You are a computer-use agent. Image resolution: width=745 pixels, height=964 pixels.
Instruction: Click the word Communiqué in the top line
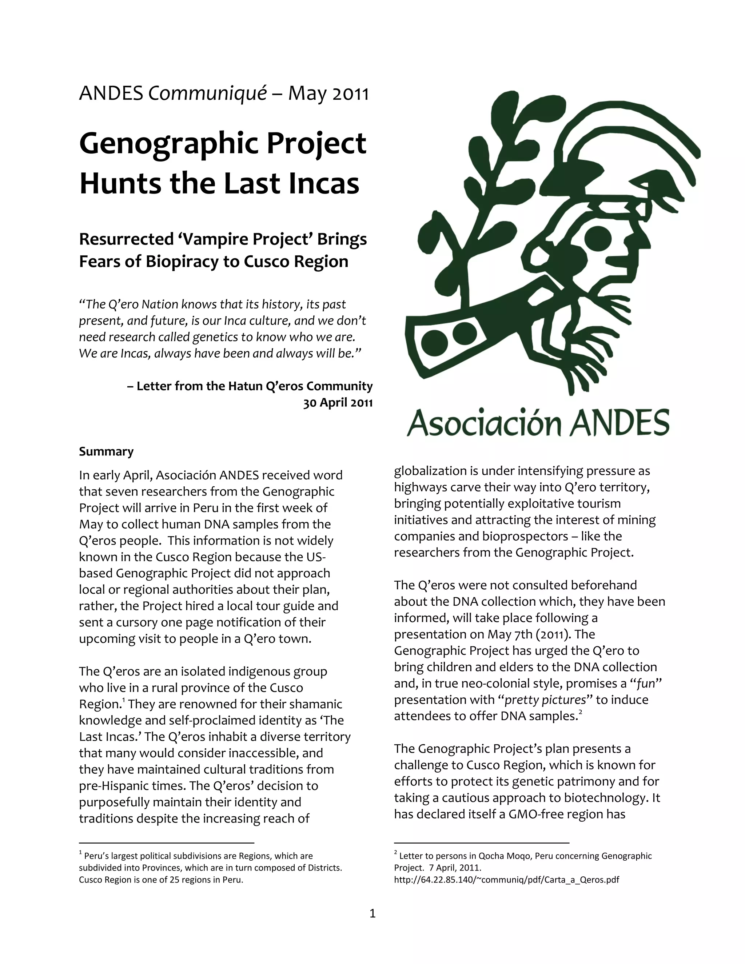(x=207, y=94)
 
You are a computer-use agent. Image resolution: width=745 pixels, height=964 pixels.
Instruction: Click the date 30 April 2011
(x=338, y=403)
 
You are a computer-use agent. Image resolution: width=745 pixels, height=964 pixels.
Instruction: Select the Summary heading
(x=106, y=451)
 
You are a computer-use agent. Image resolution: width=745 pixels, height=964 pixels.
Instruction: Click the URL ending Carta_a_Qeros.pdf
(x=506, y=880)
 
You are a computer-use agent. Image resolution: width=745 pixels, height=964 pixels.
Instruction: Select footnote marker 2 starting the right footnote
(x=396, y=853)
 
